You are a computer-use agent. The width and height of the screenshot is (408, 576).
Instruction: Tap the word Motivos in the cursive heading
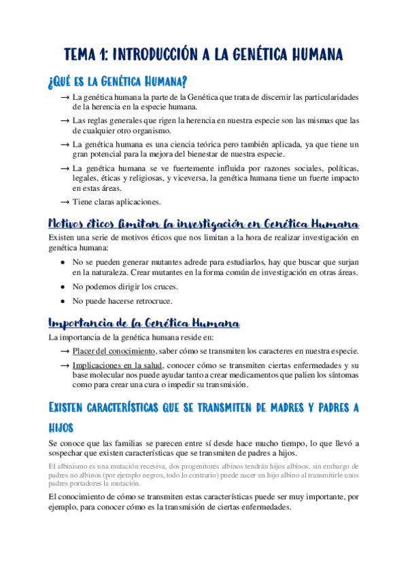(67, 223)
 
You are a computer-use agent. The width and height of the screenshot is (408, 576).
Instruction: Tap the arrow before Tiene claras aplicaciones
(64, 202)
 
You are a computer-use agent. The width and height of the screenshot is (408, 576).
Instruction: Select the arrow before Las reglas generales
(64, 121)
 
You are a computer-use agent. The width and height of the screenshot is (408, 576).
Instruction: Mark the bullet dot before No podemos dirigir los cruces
(63, 287)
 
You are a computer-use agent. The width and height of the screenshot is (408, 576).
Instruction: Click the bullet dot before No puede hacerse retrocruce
(63, 301)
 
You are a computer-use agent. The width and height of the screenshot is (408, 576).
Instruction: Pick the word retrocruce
(150, 301)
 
